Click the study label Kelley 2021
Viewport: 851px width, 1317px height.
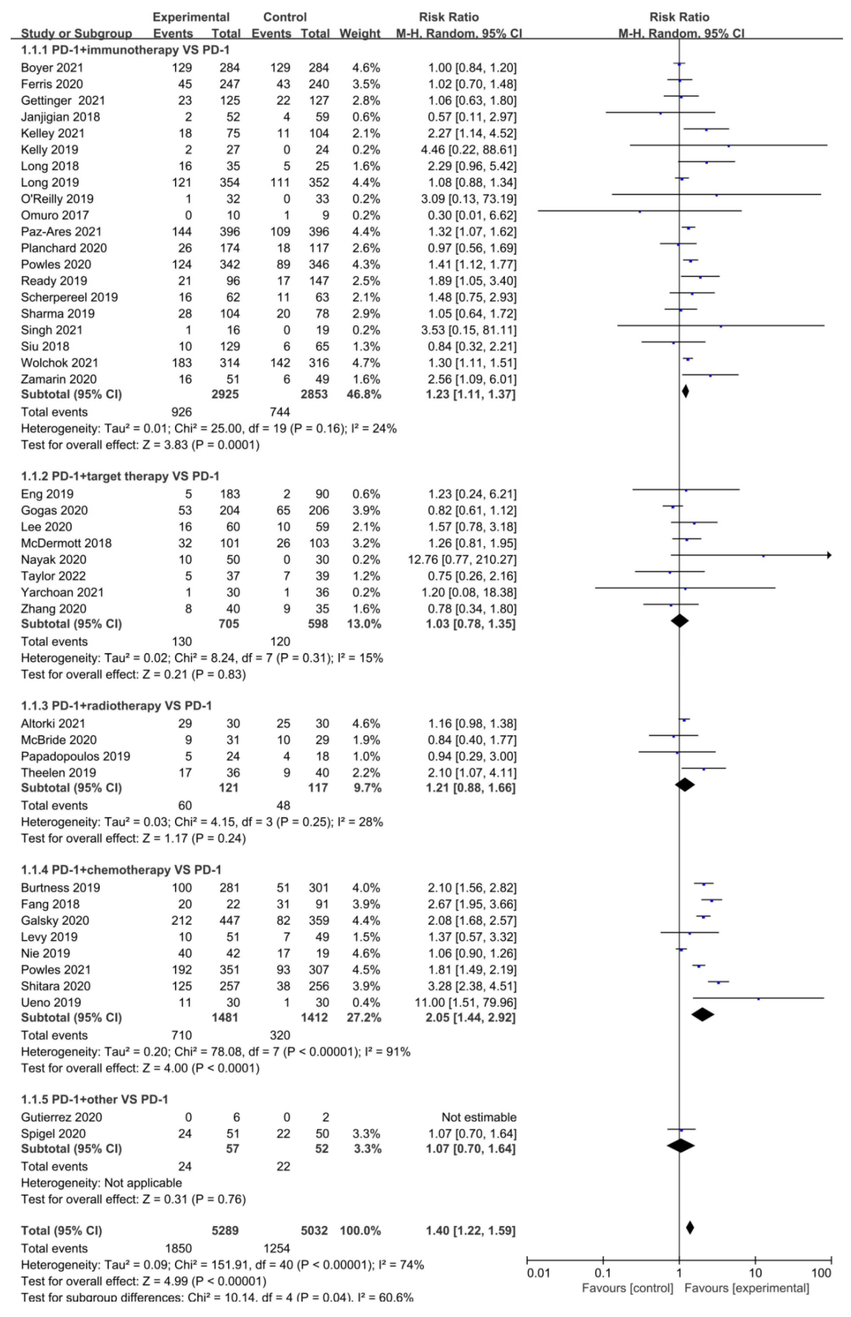[52, 133]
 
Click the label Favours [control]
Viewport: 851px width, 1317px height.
[627, 1288]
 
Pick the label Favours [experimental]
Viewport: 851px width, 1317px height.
[747, 1288]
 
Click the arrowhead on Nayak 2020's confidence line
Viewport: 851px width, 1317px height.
[829, 555]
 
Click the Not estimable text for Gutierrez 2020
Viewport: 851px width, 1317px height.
[479, 1117]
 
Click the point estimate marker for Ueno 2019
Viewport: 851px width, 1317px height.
[758, 999]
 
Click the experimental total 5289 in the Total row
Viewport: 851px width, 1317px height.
[225, 1231]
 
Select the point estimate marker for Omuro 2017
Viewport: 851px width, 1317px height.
[640, 212]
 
